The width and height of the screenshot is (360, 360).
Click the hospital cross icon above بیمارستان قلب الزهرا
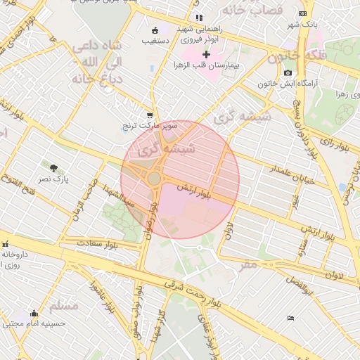(206, 54)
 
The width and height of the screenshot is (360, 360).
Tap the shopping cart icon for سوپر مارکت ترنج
(149, 115)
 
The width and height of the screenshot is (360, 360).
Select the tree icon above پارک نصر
(54, 167)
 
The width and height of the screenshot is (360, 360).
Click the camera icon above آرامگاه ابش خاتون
(288, 73)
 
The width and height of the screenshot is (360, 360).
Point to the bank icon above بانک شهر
(302, 13)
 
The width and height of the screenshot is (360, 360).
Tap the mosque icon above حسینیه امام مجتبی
(33, 313)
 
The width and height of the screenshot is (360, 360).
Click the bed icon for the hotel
(291, 319)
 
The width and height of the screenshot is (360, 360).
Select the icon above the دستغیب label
(155, 30)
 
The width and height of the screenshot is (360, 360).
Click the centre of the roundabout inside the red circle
(154, 179)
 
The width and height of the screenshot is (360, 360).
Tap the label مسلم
(65, 307)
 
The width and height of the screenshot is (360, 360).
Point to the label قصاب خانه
(251, 11)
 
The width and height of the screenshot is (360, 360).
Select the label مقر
(248, 264)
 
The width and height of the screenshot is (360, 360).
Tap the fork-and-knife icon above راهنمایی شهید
(199, 18)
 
